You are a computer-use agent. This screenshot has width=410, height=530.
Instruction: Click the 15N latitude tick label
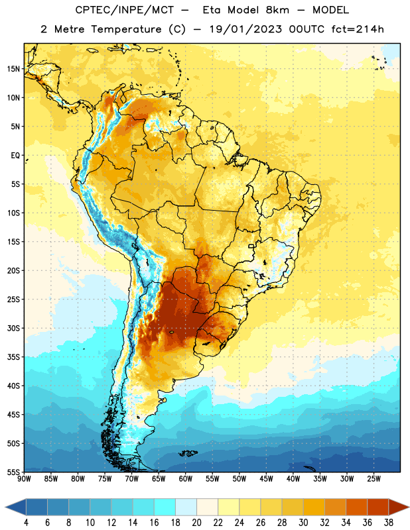(13, 69)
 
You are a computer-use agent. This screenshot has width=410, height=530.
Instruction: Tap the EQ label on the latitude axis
(15, 156)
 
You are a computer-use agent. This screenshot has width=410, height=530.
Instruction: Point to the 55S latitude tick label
(13, 472)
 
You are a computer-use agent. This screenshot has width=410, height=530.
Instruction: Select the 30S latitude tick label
(13, 328)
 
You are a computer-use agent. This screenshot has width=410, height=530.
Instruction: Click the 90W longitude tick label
(24, 479)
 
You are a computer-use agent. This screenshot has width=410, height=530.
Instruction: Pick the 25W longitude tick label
(374, 479)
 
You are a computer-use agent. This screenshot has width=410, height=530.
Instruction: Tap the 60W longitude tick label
(186, 479)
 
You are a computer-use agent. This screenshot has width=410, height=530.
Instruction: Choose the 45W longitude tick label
(266, 479)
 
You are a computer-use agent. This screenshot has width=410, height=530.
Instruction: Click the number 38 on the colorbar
(389, 523)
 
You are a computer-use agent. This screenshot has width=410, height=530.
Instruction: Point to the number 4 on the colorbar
(27, 523)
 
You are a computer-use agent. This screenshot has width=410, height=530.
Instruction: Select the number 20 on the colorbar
(196, 523)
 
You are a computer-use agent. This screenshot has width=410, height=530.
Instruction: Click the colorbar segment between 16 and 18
(165, 507)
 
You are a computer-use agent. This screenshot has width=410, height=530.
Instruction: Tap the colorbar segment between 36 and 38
(378, 507)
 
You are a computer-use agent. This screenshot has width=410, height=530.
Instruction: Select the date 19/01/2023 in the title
(245, 29)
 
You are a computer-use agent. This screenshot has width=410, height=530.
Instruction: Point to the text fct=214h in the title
(358, 29)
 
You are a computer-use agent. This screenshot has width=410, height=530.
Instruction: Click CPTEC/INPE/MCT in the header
(125, 10)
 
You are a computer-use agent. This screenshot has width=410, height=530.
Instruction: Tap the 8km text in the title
(277, 10)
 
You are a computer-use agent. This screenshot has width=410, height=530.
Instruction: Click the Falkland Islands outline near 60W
(188, 453)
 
